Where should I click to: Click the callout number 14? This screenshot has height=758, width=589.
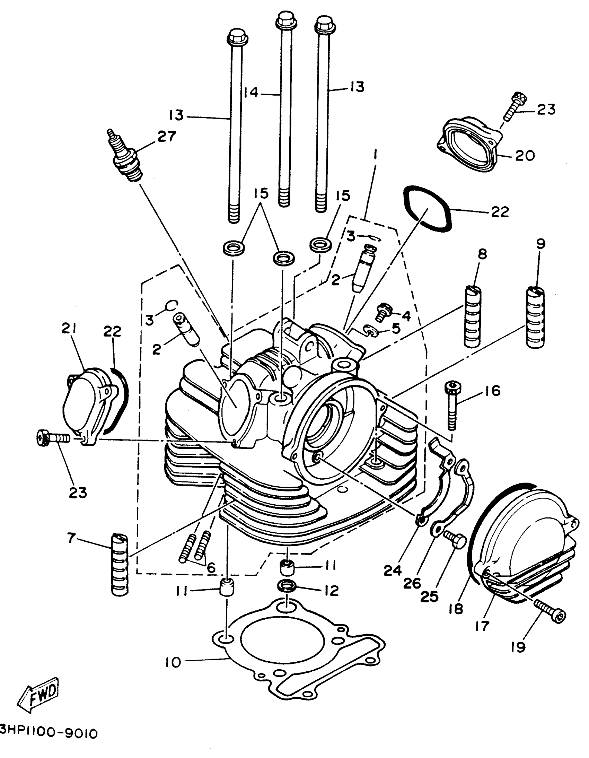click(x=250, y=93)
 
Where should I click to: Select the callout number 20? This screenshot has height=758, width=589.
click(x=525, y=156)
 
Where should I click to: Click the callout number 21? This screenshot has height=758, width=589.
click(x=69, y=328)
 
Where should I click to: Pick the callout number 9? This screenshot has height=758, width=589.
click(x=540, y=244)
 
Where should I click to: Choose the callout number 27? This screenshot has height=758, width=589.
click(x=167, y=137)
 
